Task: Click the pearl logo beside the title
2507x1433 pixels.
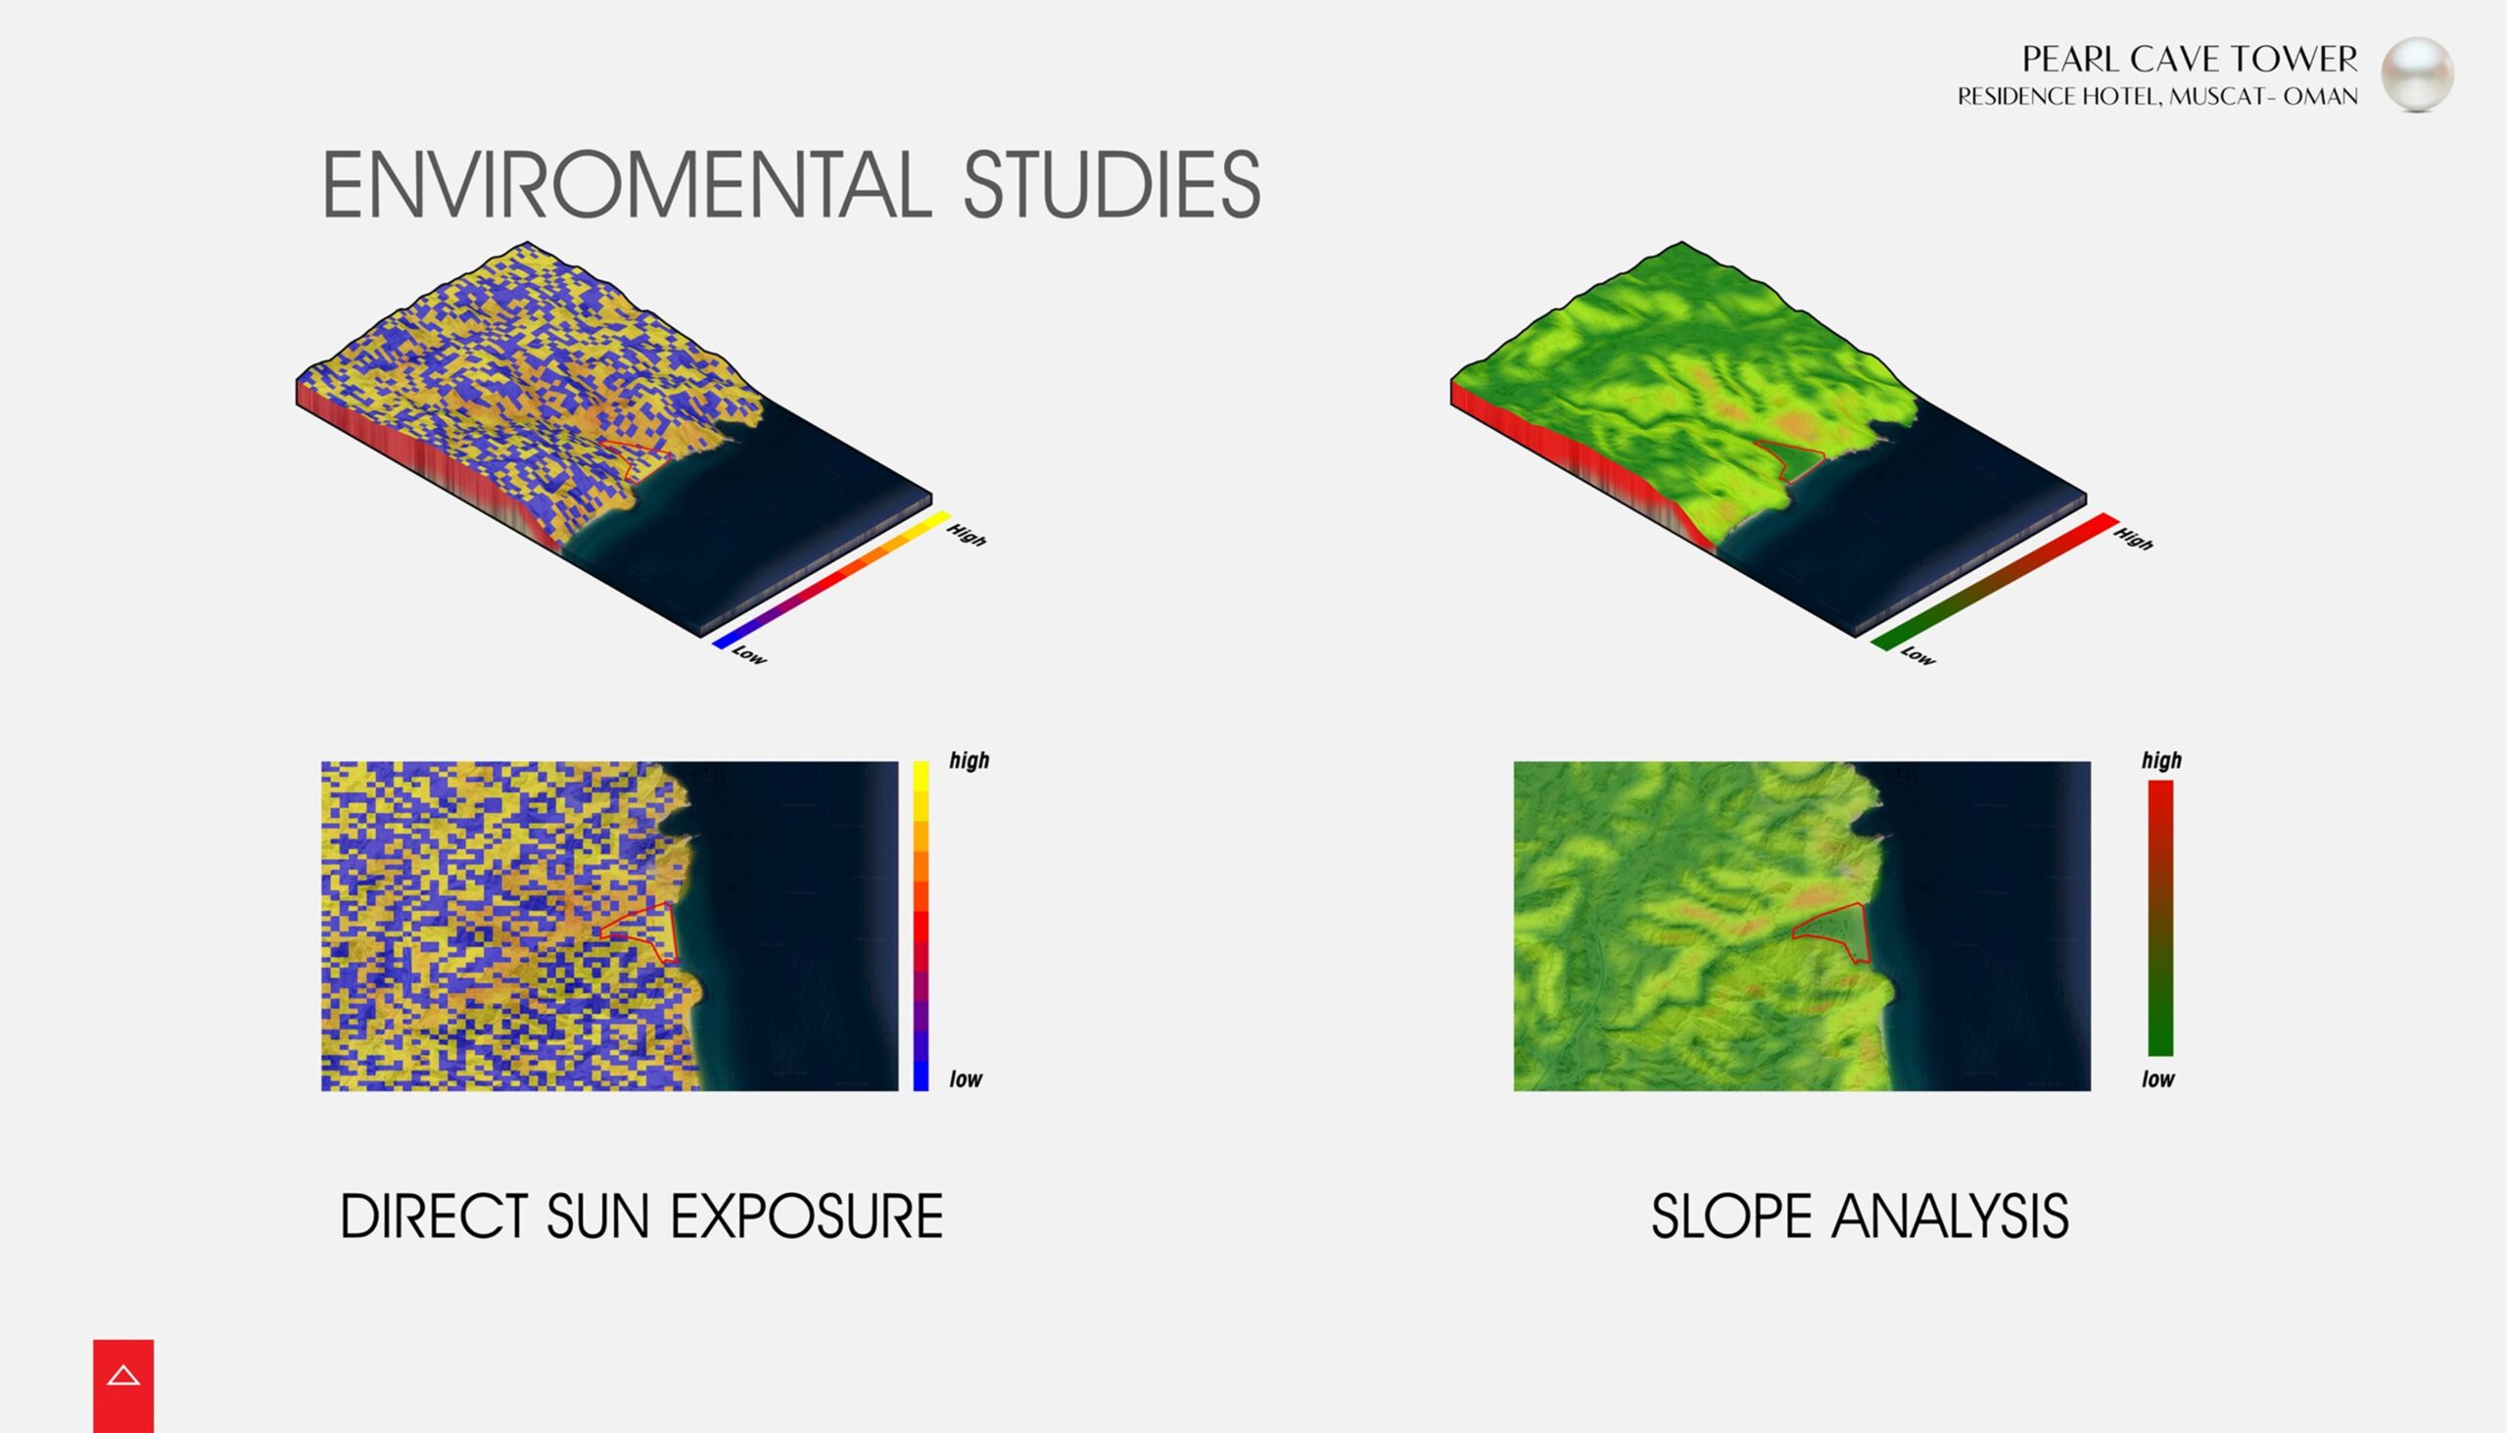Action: (2418, 74)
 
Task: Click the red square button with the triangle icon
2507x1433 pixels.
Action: (123, 1386)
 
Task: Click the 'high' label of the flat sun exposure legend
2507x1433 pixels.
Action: (970, 761)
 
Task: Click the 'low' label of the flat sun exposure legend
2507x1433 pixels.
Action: (966, 1078)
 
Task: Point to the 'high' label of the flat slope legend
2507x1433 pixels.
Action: (2161, 761)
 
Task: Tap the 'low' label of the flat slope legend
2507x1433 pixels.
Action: (2157, 1078)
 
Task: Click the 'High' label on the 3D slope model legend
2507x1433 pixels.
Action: (2133, 539)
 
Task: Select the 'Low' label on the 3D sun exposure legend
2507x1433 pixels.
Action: (749, 654)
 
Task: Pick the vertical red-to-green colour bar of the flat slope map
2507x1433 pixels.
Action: (2160, 917)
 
